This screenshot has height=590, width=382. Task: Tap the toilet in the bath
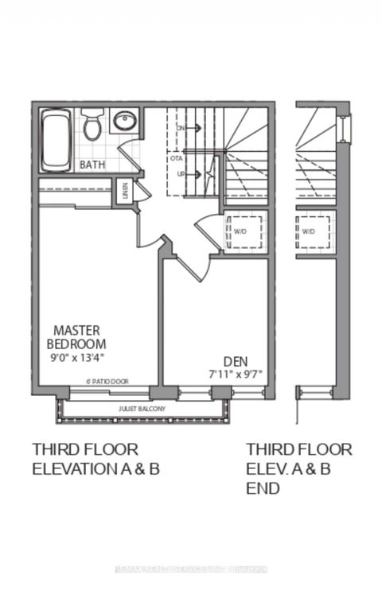(92, 126)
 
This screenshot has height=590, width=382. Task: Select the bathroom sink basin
(124, 122)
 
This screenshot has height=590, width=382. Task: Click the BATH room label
(92, 165)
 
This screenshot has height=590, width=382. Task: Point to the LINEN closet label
(125, 192)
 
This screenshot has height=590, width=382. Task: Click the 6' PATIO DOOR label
(106, 382)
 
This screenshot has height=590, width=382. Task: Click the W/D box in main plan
(240, 232)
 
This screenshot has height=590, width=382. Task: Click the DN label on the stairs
(181, 127)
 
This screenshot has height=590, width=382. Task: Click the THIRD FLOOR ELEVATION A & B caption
(95, 458)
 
